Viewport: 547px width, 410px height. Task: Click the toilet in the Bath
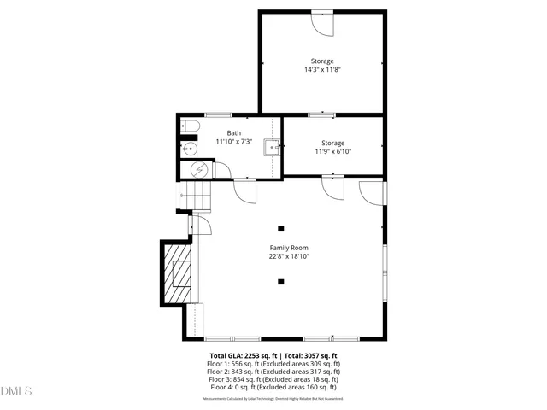191,129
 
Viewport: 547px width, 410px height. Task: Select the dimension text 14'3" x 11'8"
322,71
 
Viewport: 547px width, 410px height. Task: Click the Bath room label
233,133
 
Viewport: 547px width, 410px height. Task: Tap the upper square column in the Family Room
280,228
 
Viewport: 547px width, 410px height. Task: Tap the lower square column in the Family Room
280,281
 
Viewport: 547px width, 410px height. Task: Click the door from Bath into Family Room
245,190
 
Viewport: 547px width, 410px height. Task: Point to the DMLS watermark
17,392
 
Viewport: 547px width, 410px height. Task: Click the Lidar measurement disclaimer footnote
273,399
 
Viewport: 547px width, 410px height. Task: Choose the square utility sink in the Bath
272,148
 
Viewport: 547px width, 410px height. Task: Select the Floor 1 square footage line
273,364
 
